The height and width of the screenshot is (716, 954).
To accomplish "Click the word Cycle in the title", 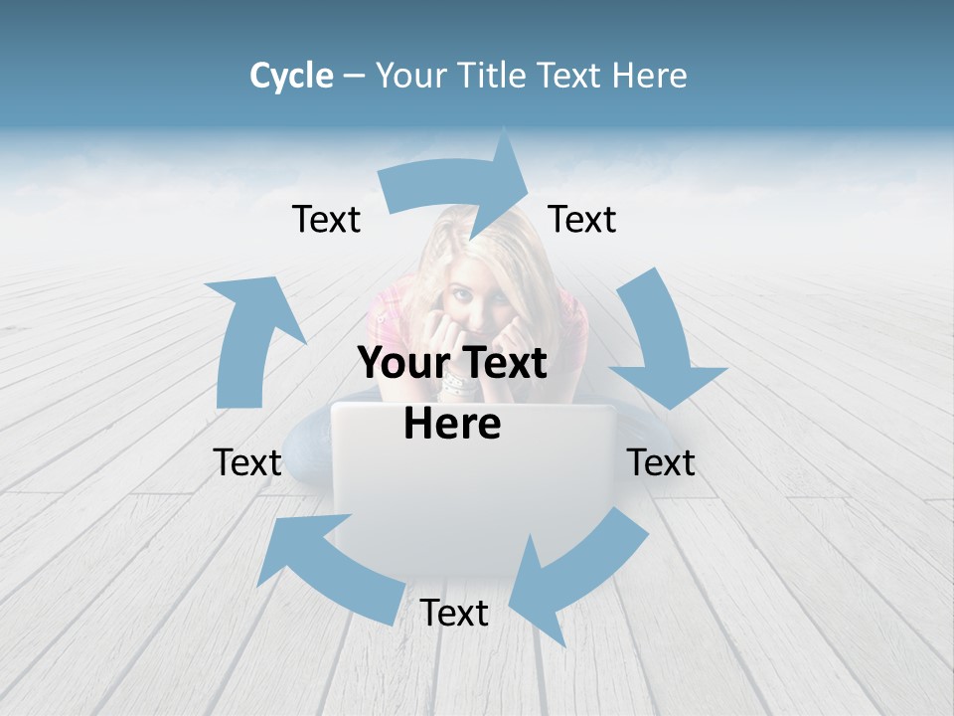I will pos(291,76).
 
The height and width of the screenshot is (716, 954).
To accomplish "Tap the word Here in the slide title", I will pos(649,76).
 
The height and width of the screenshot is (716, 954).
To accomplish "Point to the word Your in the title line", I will pos(408,76).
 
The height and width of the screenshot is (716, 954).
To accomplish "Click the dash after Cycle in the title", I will pos(354,76).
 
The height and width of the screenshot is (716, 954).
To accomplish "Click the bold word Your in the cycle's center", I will pos(396,363).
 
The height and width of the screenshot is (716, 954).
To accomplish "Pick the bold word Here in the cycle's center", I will pos(452,424).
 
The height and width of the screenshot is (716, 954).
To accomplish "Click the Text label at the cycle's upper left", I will pos(326,219).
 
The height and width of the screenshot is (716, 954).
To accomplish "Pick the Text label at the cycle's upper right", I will pos(582,219).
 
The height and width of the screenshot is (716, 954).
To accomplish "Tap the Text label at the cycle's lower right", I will pos(661,462).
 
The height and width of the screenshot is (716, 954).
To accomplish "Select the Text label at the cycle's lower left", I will pos(247,462).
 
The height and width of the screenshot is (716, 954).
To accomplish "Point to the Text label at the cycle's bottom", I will pos(454,613).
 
